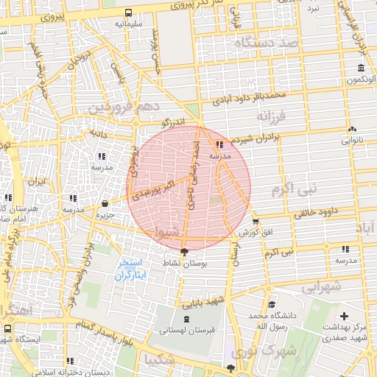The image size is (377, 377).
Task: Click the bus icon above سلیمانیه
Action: click(x=129, y=13)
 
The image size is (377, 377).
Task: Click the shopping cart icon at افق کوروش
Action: click(x=256, y=222)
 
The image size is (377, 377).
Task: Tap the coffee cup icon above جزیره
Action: click(x=105, y=203)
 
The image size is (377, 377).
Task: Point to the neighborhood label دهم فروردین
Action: click(x=122, y=108)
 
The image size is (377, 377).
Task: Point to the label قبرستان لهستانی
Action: click(x=186, y=331)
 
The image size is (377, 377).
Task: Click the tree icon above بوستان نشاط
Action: click(x=183, y=253)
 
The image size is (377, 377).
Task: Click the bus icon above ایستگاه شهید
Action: click(x=7, y=328)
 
